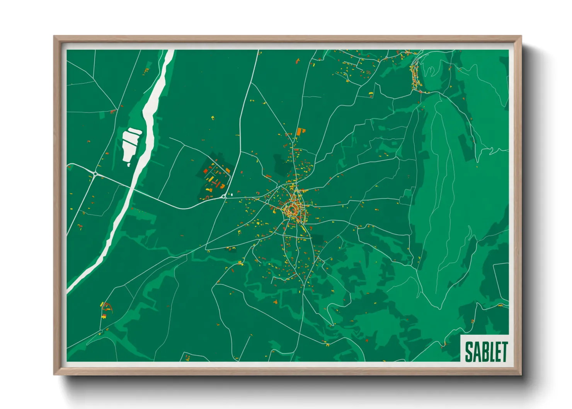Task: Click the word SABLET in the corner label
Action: (486, 351)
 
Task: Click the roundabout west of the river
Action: (95, 174)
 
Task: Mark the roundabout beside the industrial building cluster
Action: (224, 197)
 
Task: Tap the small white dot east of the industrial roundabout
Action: (232, 195)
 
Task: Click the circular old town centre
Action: (291, 210)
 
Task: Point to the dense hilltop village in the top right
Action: (415, 77)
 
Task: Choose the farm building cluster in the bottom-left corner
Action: (105, 309)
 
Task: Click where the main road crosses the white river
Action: (133, 189)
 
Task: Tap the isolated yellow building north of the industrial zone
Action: (213, 118)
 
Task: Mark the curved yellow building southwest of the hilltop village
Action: (371, 94)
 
